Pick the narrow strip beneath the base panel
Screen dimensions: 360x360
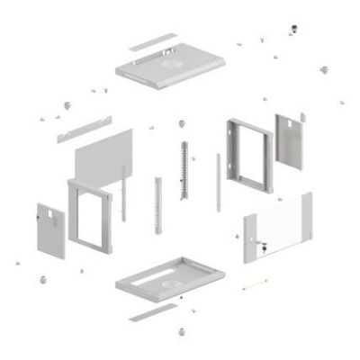152,312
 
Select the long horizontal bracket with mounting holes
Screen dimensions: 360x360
84,128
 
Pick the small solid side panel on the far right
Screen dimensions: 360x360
289,140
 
